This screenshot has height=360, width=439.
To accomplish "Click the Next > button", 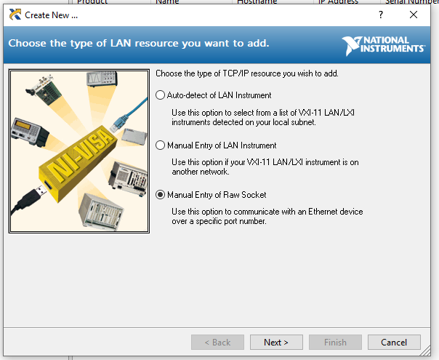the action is (276, 342).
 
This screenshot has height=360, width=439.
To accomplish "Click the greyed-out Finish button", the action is (335, 342).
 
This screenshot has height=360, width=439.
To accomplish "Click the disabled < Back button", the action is (217, 342).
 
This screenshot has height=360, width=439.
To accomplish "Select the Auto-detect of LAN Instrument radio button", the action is (160, 95).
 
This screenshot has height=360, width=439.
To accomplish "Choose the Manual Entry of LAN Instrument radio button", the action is (160, 145).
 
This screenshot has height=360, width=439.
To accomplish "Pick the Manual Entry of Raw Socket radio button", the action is (160, 194).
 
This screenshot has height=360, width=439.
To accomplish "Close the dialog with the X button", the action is (414, 15).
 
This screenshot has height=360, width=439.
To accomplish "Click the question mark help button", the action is (381, 15).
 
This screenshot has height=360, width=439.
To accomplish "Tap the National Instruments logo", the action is (383, 45).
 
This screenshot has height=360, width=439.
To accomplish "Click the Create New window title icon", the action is (15, 15).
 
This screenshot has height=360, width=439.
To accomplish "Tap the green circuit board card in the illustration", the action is (45, 89).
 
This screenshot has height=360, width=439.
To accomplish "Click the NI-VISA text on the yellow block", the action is (81, 156).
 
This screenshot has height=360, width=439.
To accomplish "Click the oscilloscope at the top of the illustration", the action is (102, 79).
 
